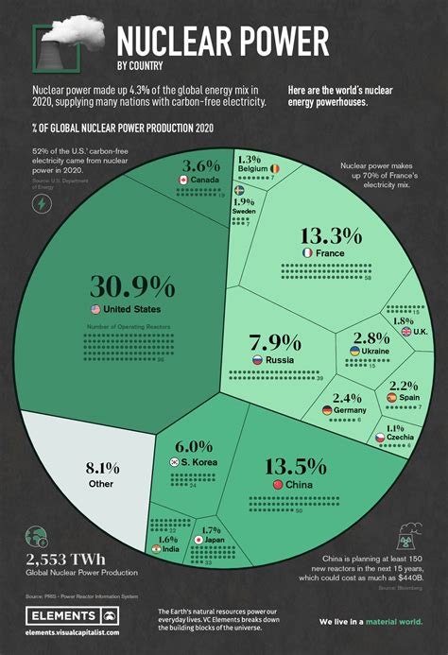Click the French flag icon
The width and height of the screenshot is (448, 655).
(307, 254)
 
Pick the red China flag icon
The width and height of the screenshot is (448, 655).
(277, 485)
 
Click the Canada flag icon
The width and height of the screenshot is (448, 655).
(183, 180)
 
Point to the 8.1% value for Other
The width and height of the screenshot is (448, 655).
(102, 466)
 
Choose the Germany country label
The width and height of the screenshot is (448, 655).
(349, 410)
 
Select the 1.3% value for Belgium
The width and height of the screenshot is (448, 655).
(250, 159)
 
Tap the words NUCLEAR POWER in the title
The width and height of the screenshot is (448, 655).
(222, 42)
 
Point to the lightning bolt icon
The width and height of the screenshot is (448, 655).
(41, 207)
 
